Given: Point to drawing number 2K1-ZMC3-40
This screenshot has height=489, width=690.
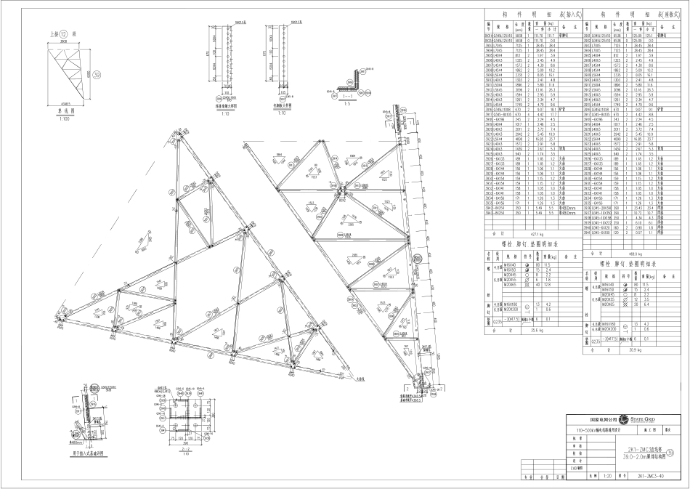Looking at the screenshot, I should [652, 477].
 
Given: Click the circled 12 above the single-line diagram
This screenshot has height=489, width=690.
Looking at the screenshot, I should [64, 34].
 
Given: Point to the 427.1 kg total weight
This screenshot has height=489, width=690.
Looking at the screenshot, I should [535, 235].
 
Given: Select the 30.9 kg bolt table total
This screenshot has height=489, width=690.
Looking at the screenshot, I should [631, 349].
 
